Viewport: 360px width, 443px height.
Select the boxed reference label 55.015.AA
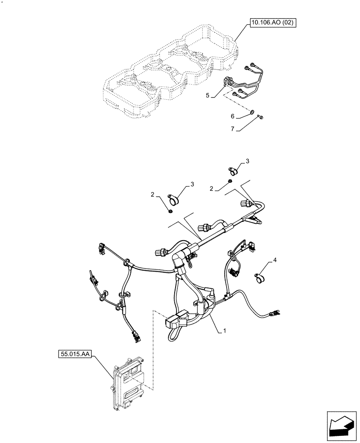74,354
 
